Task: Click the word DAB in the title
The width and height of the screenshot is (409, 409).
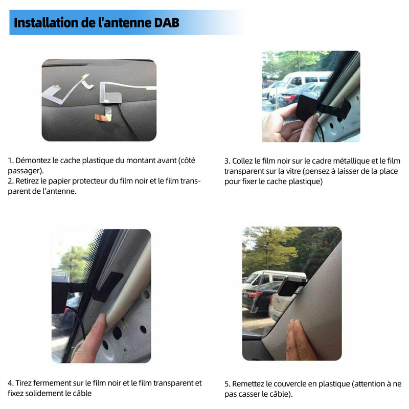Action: tap(167, 22)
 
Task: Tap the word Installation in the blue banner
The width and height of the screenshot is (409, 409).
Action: tap(46, 22)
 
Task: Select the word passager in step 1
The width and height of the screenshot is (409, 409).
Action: tap(25, 171)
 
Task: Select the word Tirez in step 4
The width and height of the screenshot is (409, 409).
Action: tap(23, 383)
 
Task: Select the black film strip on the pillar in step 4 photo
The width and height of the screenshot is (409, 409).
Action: tap(107, 287)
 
